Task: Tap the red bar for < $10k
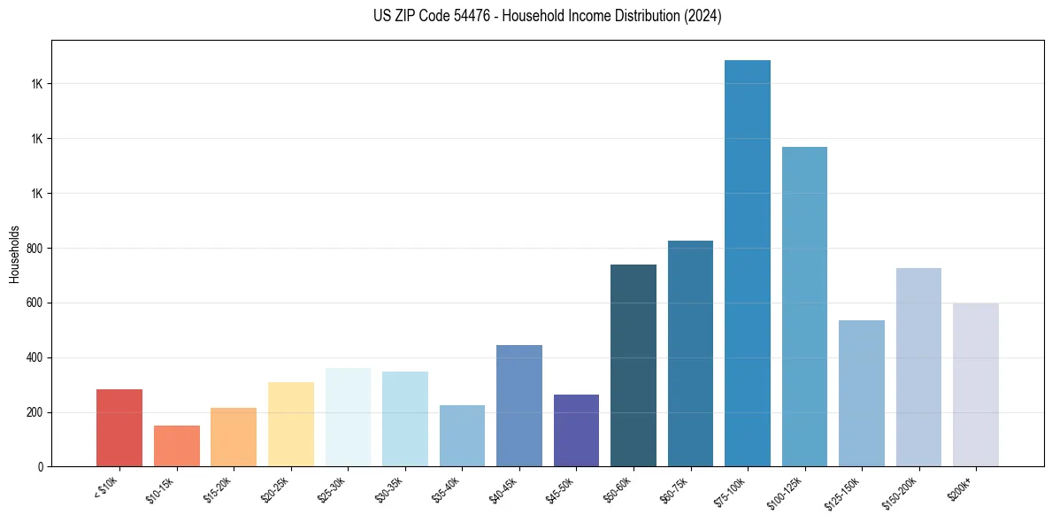pyautogui.click(x=119, y=428)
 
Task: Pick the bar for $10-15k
pyautogui.click(x=177, y=446)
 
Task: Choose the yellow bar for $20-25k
pyautogui.click(x=291, y=425)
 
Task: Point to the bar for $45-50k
pyautogui.click(x=576, y=431)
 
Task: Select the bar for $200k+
pyautogui.click(x=976, y=385)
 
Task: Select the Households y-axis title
pyautogui.click(x=14, y=253)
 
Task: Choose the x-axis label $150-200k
pyautogui.click(x=901, y=492)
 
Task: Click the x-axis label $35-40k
pyautogui.click(x=446, y=489)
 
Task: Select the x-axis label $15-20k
pyautogui.click(x=218, y=489)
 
